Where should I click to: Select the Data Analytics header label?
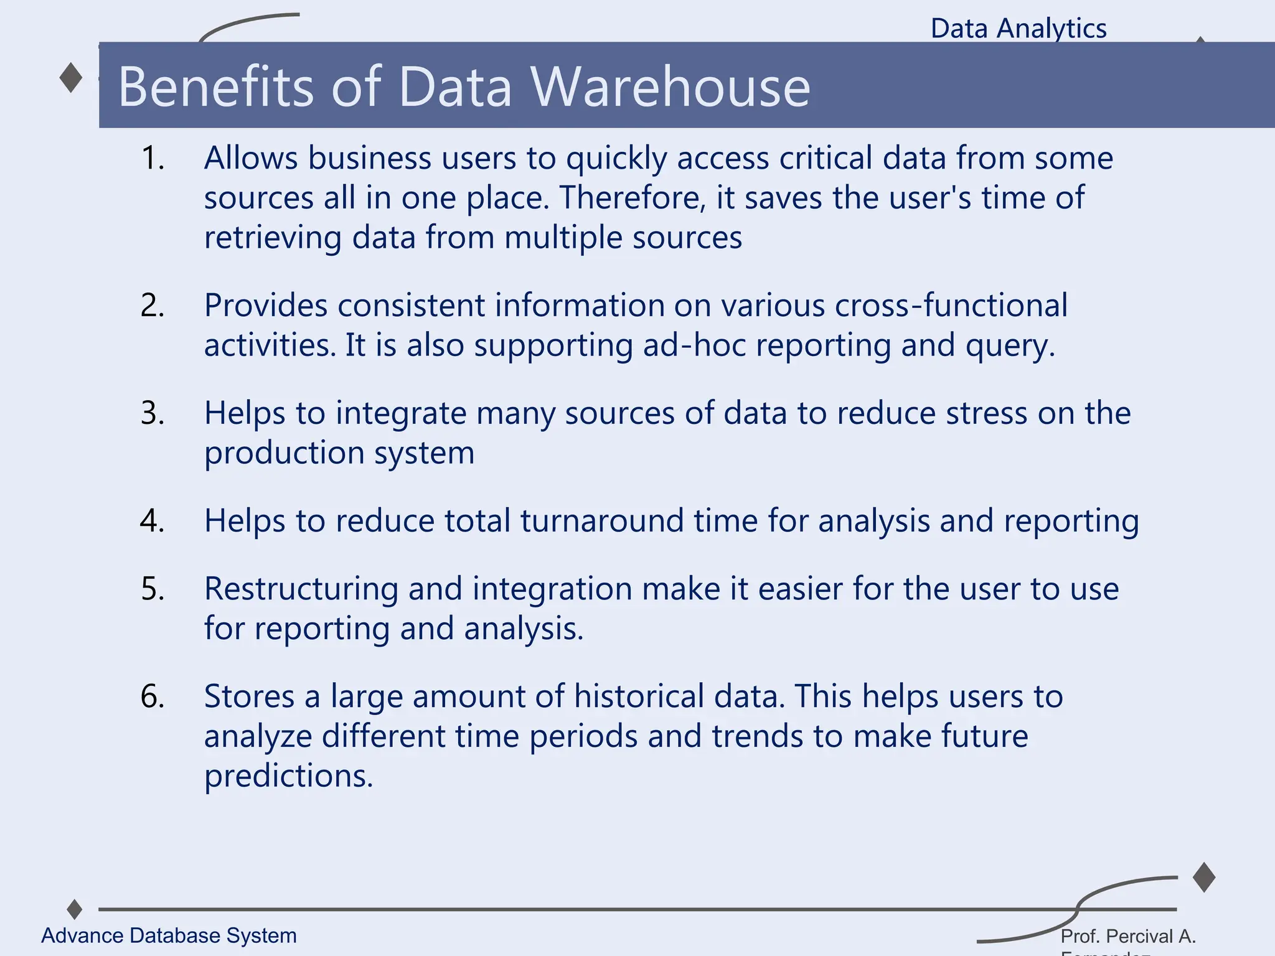(x=1019, y=29)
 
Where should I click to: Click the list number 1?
(x=153, y=158)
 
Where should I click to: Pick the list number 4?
(x=153, y=520)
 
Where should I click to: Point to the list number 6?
(x=153, y=696)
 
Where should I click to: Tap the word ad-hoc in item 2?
(x=694, y=345)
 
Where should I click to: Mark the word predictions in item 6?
(x=288, y=776)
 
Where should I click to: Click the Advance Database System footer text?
(x=169, y=935)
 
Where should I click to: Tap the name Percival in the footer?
(x=1136, y=936)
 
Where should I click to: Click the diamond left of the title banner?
(x=71, y=78)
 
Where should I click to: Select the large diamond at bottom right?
(x=1204, y=878)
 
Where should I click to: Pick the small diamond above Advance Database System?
(x=75, y=909)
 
